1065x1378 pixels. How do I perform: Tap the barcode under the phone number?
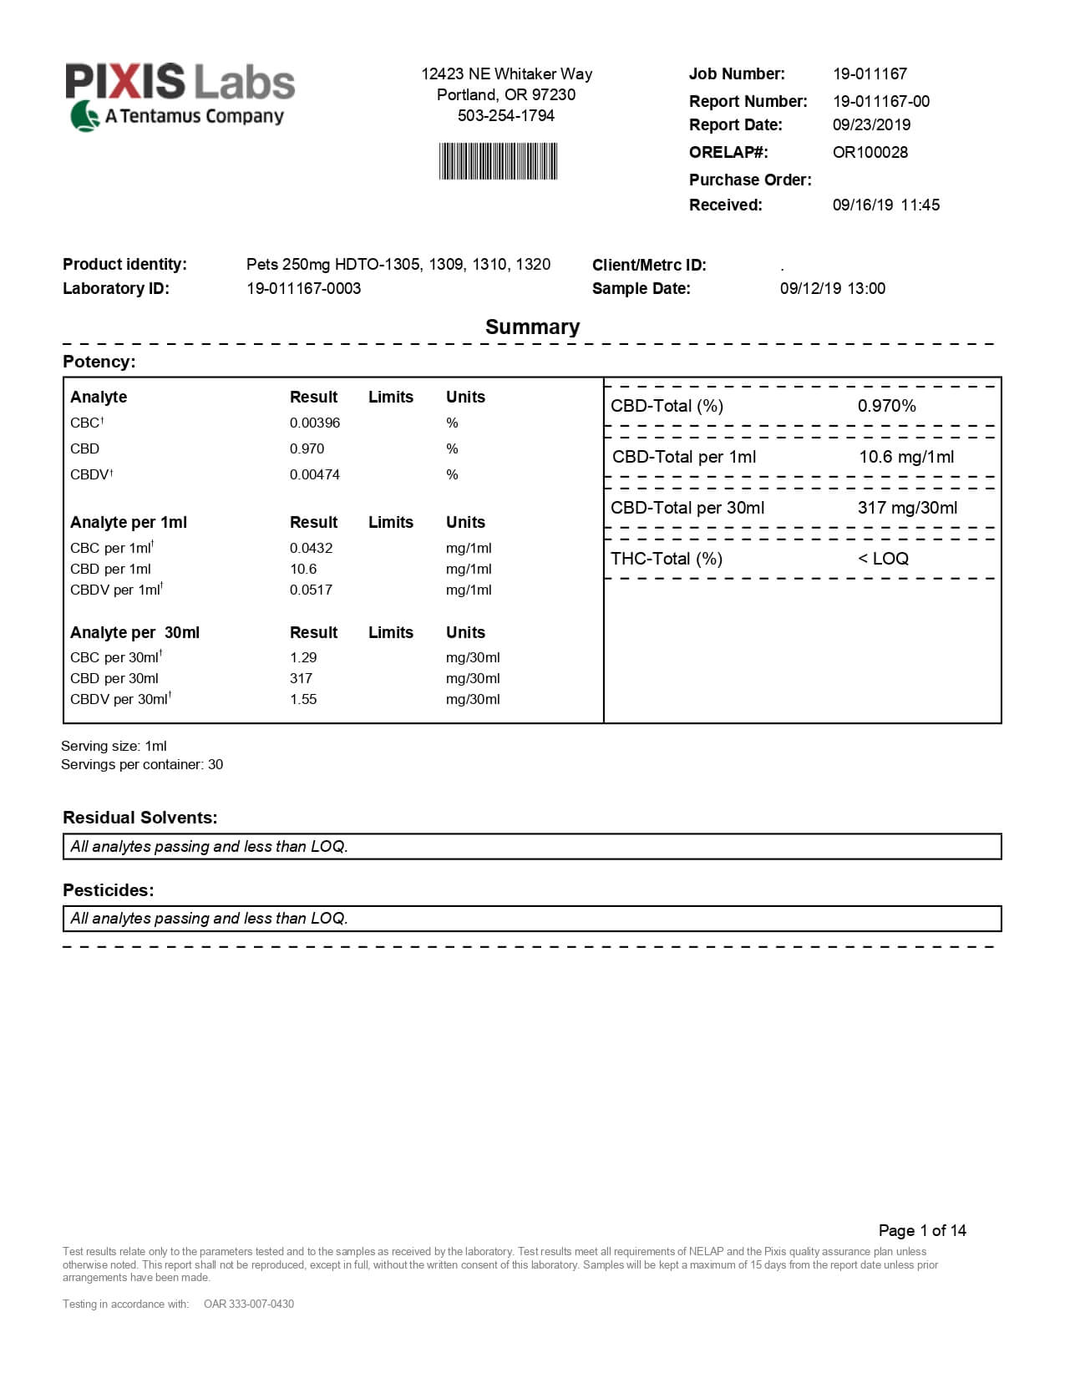(498, 161)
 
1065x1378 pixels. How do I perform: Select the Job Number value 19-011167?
(870, 73)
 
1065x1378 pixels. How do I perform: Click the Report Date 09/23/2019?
(871, 124)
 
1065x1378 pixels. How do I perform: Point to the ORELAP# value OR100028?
(870, 152)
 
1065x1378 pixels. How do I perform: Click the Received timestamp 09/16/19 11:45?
(885, 205)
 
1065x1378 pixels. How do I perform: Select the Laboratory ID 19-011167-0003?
(303, 288)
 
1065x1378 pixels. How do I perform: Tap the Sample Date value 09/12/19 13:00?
(832, 288)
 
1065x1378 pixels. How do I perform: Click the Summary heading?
(532, 327)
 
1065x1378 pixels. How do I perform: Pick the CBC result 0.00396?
(315, 423)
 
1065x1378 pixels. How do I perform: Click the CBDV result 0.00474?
(315, 474)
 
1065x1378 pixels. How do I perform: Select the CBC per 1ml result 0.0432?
(311, 548)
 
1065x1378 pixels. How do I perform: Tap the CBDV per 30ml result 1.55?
(303, 699)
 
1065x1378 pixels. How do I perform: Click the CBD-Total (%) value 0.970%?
(886, 406)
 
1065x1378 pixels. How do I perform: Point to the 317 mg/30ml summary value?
(907, 508)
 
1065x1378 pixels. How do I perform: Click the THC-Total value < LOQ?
(883, 559)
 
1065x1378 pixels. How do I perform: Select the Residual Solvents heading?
(139, 818)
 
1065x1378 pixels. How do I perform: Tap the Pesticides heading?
(109, 890)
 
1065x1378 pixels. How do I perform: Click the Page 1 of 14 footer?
(922, 1230)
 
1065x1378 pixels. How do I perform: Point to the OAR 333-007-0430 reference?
(249, 1304)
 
